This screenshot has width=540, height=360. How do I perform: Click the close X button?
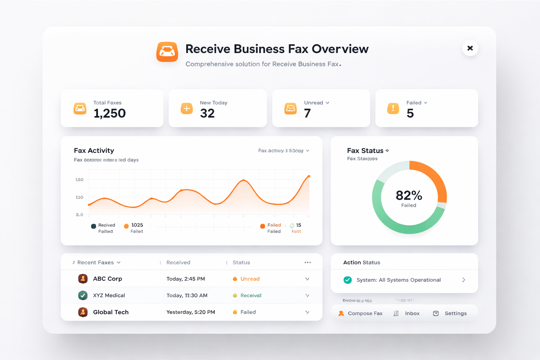[x=470, y=48]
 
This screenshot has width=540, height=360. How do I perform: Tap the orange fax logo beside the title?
[x=167, y=52]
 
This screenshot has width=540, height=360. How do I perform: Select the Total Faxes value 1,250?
[x=109, y=113]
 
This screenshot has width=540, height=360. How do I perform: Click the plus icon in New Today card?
[x=187, y=109]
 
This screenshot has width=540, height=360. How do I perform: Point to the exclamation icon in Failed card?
[x=393, y=108]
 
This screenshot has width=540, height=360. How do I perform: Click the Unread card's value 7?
[x=307, y=113]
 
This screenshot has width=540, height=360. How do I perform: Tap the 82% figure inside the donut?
[x=409, y=195]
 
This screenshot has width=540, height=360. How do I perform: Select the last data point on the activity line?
[x=309, y=176]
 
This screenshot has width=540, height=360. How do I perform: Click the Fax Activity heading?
[x=94, y=150]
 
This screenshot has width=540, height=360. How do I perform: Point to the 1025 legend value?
[x=137, y=225]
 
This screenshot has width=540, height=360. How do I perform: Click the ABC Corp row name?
[x=107, y=279]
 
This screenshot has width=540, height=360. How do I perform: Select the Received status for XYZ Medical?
[x=251, y=296]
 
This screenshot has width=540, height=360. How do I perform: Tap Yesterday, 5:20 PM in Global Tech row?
[x=191, y=312]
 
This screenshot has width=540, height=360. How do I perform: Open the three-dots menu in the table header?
[x=308, y=263]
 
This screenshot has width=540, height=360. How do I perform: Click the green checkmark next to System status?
[x=348, y=280]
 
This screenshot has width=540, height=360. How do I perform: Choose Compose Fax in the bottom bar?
[x=365, y=314]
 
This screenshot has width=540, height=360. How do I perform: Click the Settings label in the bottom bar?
[x=456, y=314]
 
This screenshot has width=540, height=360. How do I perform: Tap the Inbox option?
[x=412, y=314]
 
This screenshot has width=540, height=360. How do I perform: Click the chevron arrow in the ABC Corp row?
[x=307, y=279]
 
